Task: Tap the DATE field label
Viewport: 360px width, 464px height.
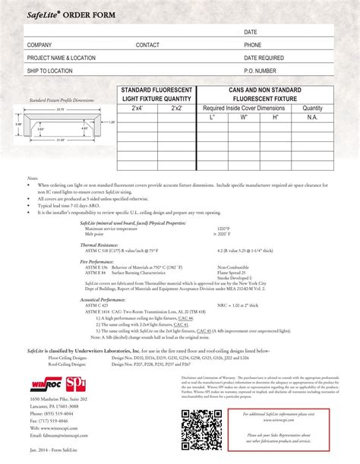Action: tap(250, 33)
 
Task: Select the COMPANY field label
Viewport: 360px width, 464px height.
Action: tap(39, 45)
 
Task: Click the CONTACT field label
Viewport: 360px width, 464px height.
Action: tap(147, 45)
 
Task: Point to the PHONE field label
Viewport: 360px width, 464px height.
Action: tap(252, 45)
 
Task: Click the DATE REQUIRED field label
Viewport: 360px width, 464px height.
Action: tap(264, 58)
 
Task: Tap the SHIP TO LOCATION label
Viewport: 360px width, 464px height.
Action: tap(49, 70)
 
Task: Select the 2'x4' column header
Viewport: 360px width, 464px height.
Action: tap(137, 108)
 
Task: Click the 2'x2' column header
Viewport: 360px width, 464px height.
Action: tap(176, 108)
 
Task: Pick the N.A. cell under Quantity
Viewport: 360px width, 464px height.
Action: tap(312, 118)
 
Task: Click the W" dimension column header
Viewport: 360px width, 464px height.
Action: tap(244, 118)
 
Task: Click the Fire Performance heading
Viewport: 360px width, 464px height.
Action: tap(96, 262)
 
